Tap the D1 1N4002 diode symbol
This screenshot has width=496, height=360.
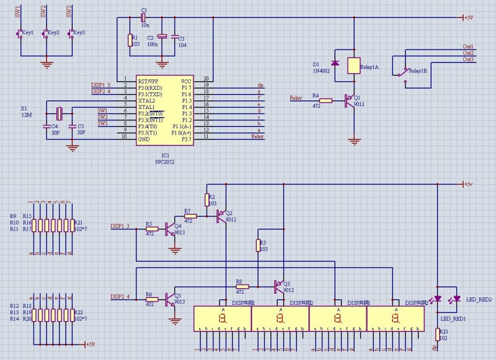(335, 63)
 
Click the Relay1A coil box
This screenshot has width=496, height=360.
(353, 65)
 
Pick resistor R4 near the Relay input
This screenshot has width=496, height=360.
(325, 100)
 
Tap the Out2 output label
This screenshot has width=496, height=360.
(468, 53)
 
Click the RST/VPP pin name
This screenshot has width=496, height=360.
(149, 81)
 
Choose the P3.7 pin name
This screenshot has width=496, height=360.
(185, 139)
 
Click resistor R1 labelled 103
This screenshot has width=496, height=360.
(130, 40)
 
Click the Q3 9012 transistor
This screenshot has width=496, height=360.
(278, 286)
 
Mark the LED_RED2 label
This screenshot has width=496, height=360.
(478, 299)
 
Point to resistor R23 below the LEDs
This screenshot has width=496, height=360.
(436, 335)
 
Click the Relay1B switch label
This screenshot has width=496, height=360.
(418, 71)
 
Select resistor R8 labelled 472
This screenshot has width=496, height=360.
(242, 287)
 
